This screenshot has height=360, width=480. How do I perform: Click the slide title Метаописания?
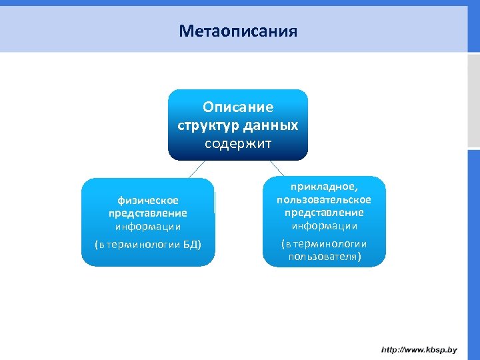click(238, 31)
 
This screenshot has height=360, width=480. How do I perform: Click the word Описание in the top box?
click(238, 107)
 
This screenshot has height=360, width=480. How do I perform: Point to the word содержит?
click(238, 143)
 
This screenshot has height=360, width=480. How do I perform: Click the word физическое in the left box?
click(148, 200)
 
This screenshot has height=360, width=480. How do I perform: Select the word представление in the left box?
click(148, 213)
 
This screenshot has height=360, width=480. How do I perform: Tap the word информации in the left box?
click(148, 227)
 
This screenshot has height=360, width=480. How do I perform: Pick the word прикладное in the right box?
click(324, 189)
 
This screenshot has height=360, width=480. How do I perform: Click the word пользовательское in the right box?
click(324, 200)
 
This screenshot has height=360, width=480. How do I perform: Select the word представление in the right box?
click(324, 213)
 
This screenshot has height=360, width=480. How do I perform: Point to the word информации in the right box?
click(324, 225)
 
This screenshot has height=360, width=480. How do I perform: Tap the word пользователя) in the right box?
click(324, 256)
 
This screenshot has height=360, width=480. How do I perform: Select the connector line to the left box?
click(195, 169)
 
